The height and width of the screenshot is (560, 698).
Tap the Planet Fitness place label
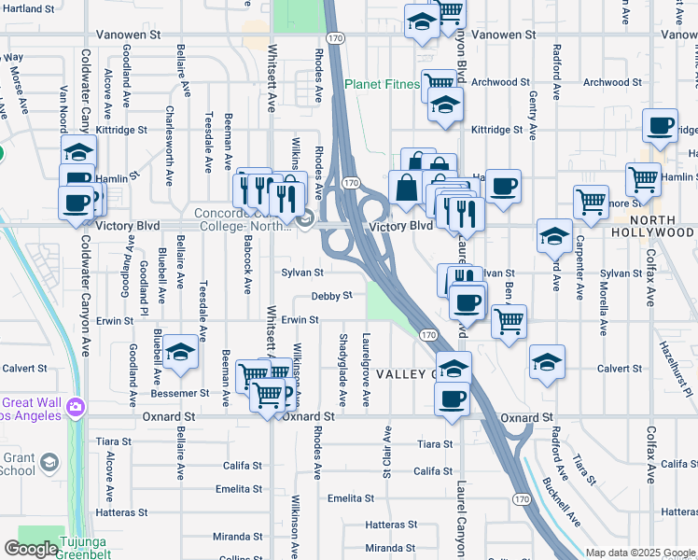382,84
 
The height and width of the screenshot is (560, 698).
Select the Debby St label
331,296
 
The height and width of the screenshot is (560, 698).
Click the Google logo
32,549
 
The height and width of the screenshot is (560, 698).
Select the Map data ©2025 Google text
641,553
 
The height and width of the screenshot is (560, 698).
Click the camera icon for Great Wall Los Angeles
74,407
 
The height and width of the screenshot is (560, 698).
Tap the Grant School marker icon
49,461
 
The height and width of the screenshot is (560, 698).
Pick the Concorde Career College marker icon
305,220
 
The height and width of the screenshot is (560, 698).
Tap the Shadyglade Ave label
342,370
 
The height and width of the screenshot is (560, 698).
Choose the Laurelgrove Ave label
366,370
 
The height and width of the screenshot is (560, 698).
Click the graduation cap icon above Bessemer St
182,352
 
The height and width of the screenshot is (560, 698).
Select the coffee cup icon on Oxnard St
453,399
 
